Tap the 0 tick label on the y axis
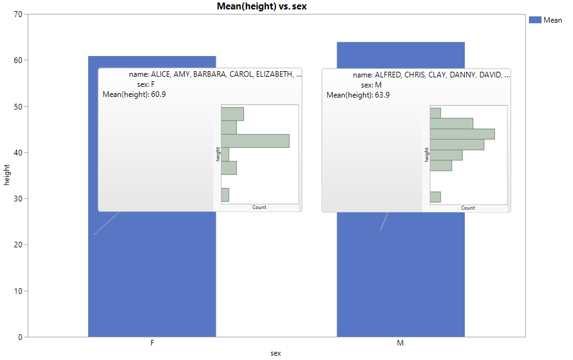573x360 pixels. (20, 337)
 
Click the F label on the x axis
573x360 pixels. (152, 344)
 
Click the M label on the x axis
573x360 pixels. (400, 344)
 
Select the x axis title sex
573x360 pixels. (275, 354)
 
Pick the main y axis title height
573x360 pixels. (7, 174)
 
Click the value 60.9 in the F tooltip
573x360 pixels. (159, 94)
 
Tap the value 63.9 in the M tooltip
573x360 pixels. (382, 95)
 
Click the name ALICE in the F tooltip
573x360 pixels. (162, 74)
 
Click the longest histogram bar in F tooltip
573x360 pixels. (255, 140)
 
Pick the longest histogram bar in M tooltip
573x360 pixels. (462, 134)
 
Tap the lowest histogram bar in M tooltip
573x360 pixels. (435, 197)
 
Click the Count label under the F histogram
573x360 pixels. (259, 207)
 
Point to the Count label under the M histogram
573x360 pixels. (468, 208)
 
